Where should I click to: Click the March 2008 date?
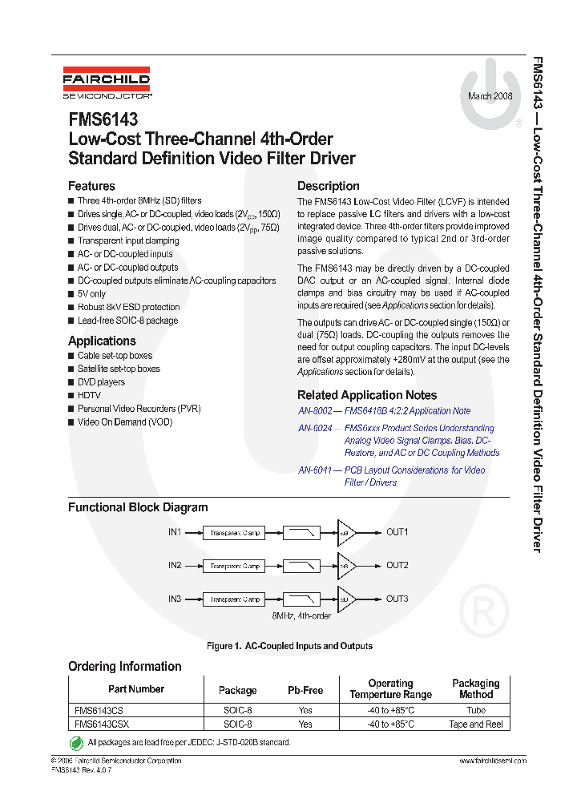click(490, 95)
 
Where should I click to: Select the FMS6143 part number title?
click(103, 120)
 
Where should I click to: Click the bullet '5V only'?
click(91, 294)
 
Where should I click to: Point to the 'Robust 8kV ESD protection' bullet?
click(128, 307)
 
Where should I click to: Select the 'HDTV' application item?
click(89, 395)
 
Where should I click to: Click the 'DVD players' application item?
click(101, 382)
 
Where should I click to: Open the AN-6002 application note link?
click(384, 411)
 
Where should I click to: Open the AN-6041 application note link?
click(391, 470)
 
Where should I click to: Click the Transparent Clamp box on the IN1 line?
click(235, 533)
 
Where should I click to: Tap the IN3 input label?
click(175, 599)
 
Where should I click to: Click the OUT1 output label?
click(397, 532)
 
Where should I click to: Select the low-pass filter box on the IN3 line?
click(301, 599)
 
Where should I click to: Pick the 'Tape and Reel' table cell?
click(476, 724)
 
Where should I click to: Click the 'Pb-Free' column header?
click(305, 690)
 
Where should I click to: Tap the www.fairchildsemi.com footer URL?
click(492, 761)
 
